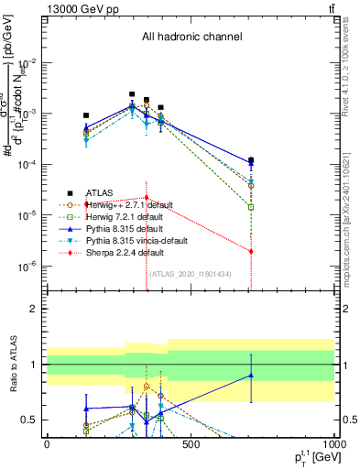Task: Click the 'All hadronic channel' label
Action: [191, 38]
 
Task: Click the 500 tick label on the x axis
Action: [191, 444]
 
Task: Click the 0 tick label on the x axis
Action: [47, 444]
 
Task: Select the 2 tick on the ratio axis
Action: [34, 309]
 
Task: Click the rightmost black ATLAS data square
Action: [251, 160]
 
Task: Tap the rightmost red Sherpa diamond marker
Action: [251, 251]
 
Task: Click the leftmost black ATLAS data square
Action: [86, 115]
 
